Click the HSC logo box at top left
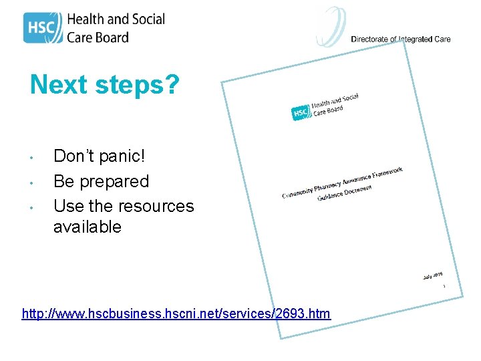43,27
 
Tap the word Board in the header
111,37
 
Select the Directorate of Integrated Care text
401,39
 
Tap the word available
88,227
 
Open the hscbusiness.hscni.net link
176,314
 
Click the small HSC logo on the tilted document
301,113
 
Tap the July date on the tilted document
432,275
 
